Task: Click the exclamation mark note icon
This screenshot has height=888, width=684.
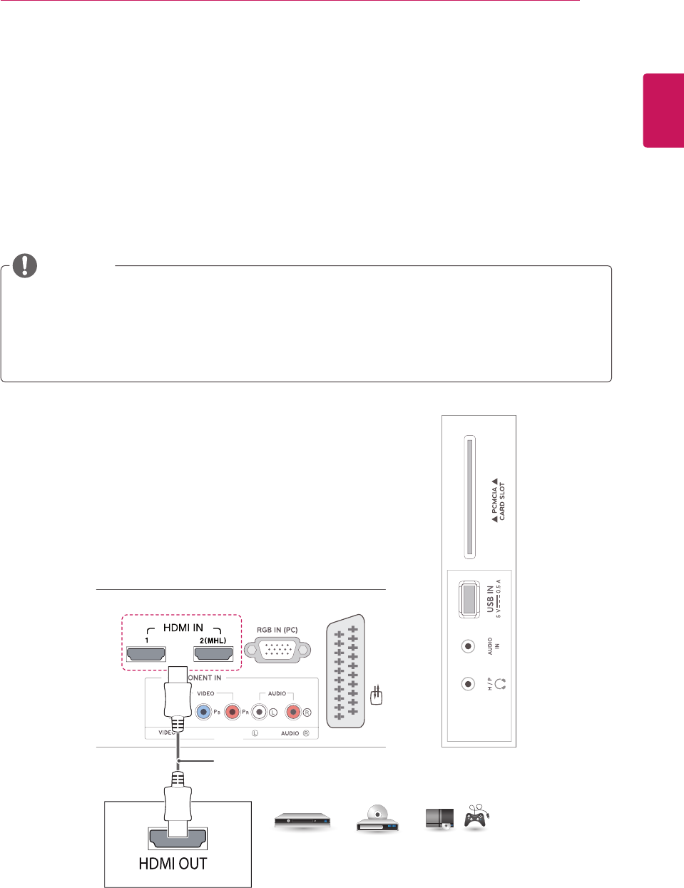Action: (x=24, y=265)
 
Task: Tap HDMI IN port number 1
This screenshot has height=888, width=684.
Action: (x=146, y=653)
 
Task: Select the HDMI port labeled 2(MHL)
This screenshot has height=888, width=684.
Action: (x=213, y=653)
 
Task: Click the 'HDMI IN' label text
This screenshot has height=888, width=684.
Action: (x=183, y=628)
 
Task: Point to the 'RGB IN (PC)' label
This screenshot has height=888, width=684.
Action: (x=277, y=630)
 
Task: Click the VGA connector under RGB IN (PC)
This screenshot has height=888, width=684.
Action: (x=277, y=650)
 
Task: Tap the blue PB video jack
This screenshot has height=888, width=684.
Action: (x=204, y=711)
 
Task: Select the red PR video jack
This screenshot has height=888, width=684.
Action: (x=232, y=711)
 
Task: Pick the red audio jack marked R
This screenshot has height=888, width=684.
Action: (x=293, y=711)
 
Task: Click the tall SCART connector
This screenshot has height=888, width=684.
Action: (x=346, y=672)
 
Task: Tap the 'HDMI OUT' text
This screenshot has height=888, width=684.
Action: (x=173, y=864)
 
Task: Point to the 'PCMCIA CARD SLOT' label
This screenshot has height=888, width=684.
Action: (x=499, y=499)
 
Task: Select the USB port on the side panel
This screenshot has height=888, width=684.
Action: (x=469, y=599)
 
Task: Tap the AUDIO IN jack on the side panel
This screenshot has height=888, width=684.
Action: (x=468, y=646)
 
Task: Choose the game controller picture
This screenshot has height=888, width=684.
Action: (x=476, y=818)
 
